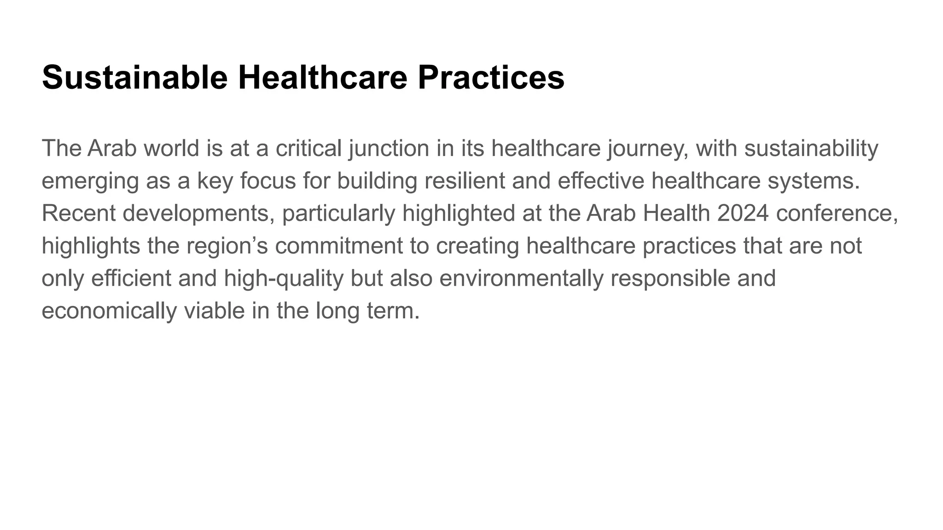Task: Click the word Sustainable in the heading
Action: [134, 77]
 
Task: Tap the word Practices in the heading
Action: [491, 77]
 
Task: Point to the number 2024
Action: [743, 213]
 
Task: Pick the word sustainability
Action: [811, 149]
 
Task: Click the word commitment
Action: [339, 246]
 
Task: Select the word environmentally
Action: [521, 278]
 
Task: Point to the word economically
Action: [109, 311]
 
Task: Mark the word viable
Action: [214, 311]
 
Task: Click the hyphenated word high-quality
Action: [284, 278]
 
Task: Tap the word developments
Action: [196, 213]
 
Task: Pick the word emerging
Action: [90, 181]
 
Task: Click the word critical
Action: [309, 149]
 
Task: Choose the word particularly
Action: [338, 213]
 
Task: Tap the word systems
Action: [813, 181]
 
